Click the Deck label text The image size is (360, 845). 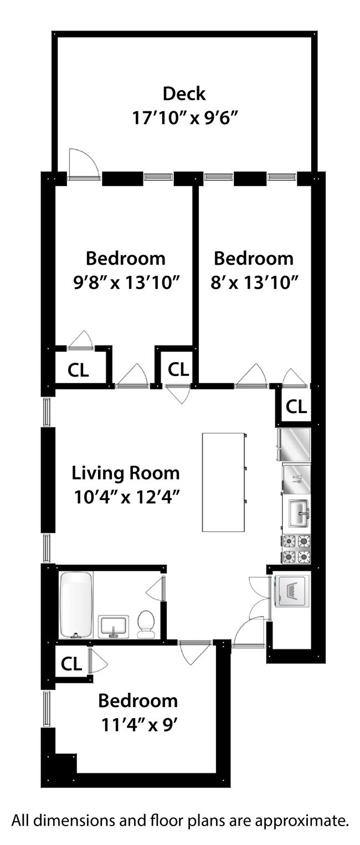(x=184, y=94)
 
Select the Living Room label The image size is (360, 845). (x=126, y=473)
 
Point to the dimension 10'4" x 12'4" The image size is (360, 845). (x=126, y=497)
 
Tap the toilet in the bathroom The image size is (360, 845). (x=146, y=624)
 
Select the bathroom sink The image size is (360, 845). (x=114, y=627)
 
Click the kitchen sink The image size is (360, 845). (x=299, y=513)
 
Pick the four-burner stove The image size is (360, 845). (x=296, y=549)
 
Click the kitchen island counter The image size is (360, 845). (x=223, y=482)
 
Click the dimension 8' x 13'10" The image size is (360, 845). (x=254, y=282)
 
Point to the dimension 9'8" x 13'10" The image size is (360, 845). (x=126, y=282)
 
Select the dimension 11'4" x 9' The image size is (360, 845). (x=139, y=724)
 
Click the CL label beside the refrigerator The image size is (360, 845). (x=296, y=406)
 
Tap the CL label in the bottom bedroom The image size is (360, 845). (x=71, y=663)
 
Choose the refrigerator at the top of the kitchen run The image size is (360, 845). (x=294, y=445)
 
